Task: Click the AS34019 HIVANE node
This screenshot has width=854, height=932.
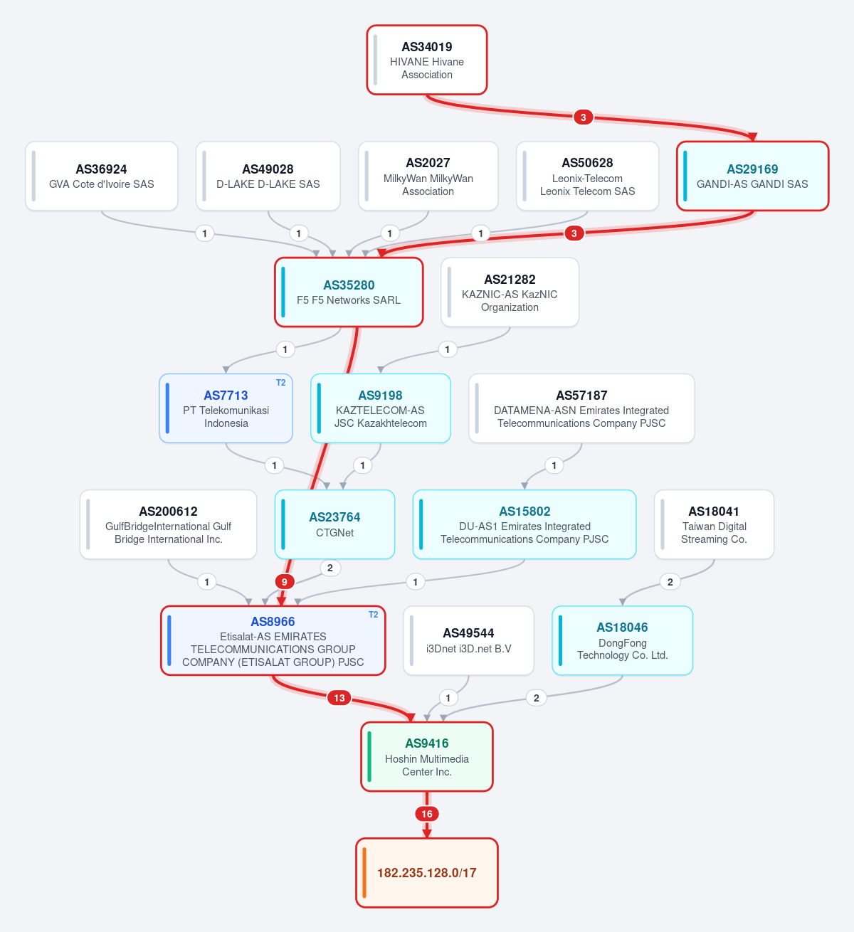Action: click(x=427, y=60)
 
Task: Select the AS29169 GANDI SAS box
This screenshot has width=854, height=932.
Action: click(x=753, y=176)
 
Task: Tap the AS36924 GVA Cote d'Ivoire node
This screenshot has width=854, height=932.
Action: click(x=101, y=176)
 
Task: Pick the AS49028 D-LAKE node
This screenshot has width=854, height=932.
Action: click(x=268, y=176)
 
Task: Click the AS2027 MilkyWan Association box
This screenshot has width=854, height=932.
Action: click(x=428, y=176)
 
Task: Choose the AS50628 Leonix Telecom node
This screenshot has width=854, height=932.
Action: click(x=588, y=176)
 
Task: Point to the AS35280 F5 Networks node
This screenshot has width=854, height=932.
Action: click(x=349, y=292)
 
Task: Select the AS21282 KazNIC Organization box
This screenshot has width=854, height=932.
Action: click(x=510, y=292)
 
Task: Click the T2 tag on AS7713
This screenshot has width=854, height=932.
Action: click(x=281, y=383)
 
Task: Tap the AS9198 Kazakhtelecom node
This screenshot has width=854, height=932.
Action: click(x=381, y=408)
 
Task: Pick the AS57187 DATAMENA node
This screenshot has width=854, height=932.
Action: click(x=581, y=408)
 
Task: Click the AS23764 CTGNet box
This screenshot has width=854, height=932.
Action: click(x=334, y=524)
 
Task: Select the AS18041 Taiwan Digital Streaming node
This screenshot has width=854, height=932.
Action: click(x=714, y=524)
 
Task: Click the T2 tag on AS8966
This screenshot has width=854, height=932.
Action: click(x=374, y=615)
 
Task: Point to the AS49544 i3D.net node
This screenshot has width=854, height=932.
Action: click(x=468, y=641)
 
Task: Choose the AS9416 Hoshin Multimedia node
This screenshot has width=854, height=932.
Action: click(x=427, y=757)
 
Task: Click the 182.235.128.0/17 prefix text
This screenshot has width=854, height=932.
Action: click(x=427, y=873)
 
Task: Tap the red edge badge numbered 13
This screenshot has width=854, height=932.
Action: click(x=339, y=698)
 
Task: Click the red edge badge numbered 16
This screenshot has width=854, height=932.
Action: click(x=427, y=814)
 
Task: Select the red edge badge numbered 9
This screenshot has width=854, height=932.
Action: click(x=285, y=582)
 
